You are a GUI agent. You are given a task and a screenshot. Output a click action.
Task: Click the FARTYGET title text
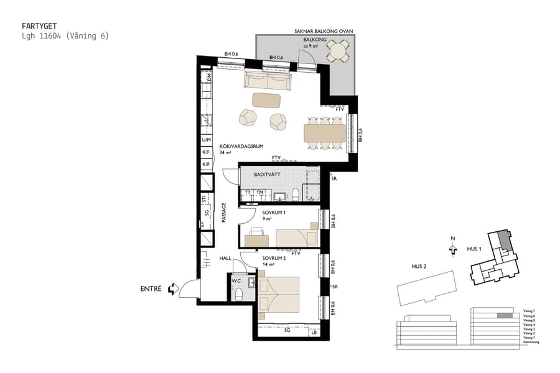coord(39,26)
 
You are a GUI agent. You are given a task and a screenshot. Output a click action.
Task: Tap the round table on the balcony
coord(339,50)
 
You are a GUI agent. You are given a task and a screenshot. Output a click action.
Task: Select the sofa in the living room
coord(268,80)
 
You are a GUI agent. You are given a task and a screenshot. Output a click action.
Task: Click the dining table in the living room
coord(325,133)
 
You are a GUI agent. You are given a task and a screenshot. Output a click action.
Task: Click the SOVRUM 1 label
coord(274,212)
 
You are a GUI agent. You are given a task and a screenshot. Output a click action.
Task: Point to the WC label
coord(236,280)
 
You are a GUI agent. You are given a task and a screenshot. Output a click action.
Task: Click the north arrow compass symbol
coord(452,249)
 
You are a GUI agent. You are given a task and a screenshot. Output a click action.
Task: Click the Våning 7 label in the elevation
coord(528,310)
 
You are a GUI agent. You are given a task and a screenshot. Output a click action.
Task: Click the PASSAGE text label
coord(222,212)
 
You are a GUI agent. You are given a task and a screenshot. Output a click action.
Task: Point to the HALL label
coord(225,257)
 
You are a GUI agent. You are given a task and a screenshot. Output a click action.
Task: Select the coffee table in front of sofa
coord(266,99)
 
